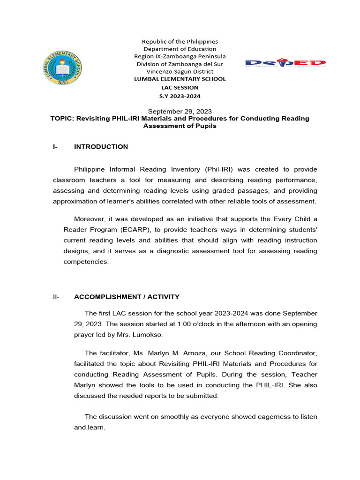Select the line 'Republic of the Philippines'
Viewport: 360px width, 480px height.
click(x=180, y=42)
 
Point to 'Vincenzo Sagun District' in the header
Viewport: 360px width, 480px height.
click(x=180, y=71)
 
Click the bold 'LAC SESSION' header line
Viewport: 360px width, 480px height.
click(x=180, y=87)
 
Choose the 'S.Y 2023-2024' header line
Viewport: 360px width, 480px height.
click(x=180, y=96)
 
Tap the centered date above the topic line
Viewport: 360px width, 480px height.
click(x=180, y=111)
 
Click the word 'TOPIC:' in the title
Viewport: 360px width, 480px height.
click(x=62, y=119)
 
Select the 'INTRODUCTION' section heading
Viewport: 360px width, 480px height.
click(x=101, y=147)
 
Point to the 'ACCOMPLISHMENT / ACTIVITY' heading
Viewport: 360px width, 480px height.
click(x=127, y=297)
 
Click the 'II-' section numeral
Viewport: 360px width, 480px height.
click(x=57, y=297)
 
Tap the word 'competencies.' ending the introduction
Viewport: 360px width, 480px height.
click(x=86, y=262)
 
